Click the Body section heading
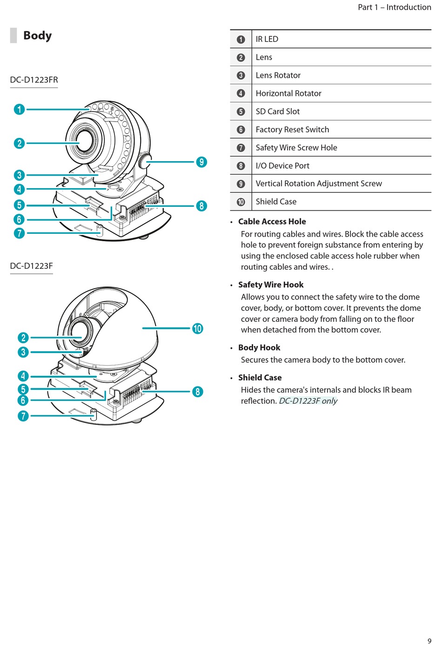tap(37, 35)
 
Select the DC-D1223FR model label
tap(34, 80)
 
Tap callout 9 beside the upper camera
tap(201, 162)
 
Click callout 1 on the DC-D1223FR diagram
tap(19, 109)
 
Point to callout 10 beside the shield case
tap(198, 328)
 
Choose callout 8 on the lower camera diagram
tap(198, 392)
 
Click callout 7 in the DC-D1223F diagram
tap(23, 415)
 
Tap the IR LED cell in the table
tap(267, 39)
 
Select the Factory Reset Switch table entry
tap(292, 129)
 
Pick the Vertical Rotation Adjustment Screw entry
tap(319, 183)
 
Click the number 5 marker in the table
tap(241, 112)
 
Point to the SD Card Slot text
tap(278, 111)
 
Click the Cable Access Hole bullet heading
tap(272, 222)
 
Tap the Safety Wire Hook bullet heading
tap(271, 285)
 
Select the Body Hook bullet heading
tap(259, 347)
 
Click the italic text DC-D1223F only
tap(308, 401)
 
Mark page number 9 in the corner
tap(429, 641)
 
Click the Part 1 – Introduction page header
tap(394, 7)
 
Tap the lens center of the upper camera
tap(85, 141)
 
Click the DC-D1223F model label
tap(31, 266)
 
